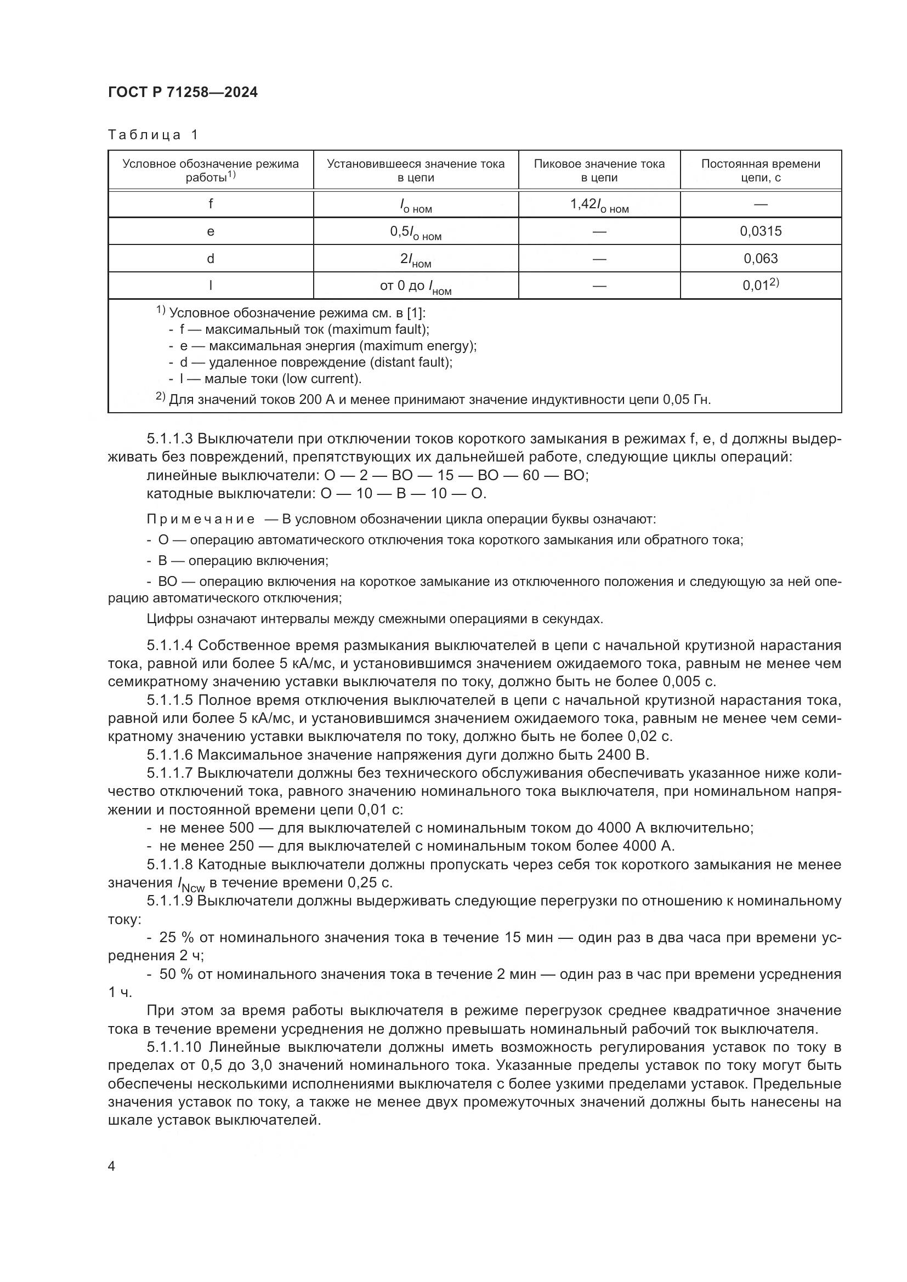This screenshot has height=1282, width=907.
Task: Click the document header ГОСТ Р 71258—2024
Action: (x=183, y=93)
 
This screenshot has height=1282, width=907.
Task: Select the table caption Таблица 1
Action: (x=153, y=135)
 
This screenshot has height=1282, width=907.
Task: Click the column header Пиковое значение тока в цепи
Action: (x=599, y=170)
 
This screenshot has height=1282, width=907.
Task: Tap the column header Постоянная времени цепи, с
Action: (x=760, y=170)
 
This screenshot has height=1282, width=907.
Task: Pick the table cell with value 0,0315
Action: (x=760, y=231)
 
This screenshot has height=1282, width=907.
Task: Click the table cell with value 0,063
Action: (x=760, y=259)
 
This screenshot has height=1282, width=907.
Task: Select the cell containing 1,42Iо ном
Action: (x=599, y=205)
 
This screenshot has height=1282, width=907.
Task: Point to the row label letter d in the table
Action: (x=211, y=259)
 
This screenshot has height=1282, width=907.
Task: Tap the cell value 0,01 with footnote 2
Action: (x=760, y=286)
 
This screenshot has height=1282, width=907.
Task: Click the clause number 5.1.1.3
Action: (x=170, y=440)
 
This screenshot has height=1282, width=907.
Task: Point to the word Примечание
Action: (x=201, y=520)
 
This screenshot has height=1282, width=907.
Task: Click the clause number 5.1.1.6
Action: (x=170, y=755)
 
